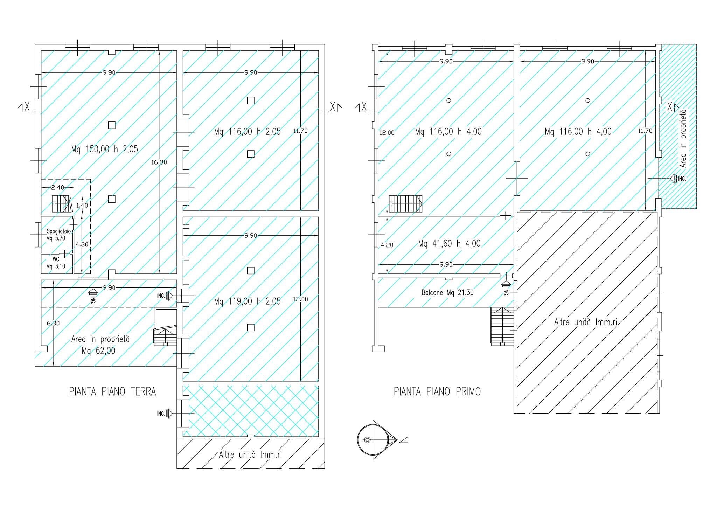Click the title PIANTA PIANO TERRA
(112, 391)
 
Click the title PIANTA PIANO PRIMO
(437, 391)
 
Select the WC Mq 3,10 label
(56, 263)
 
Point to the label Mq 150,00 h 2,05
(105, 150)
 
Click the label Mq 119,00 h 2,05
(247, 301)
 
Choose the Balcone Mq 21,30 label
(447, 292)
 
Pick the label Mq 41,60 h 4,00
(450, 244)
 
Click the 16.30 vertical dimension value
(159, 162)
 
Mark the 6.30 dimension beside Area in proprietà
(53, 323)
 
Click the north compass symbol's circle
(373, 440)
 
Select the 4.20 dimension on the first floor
(387, 245)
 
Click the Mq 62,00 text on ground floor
(98, 350)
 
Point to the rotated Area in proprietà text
(683, 138)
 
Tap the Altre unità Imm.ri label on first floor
(585, 322)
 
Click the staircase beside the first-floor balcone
(502, 327)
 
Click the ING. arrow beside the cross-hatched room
(169, 414)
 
